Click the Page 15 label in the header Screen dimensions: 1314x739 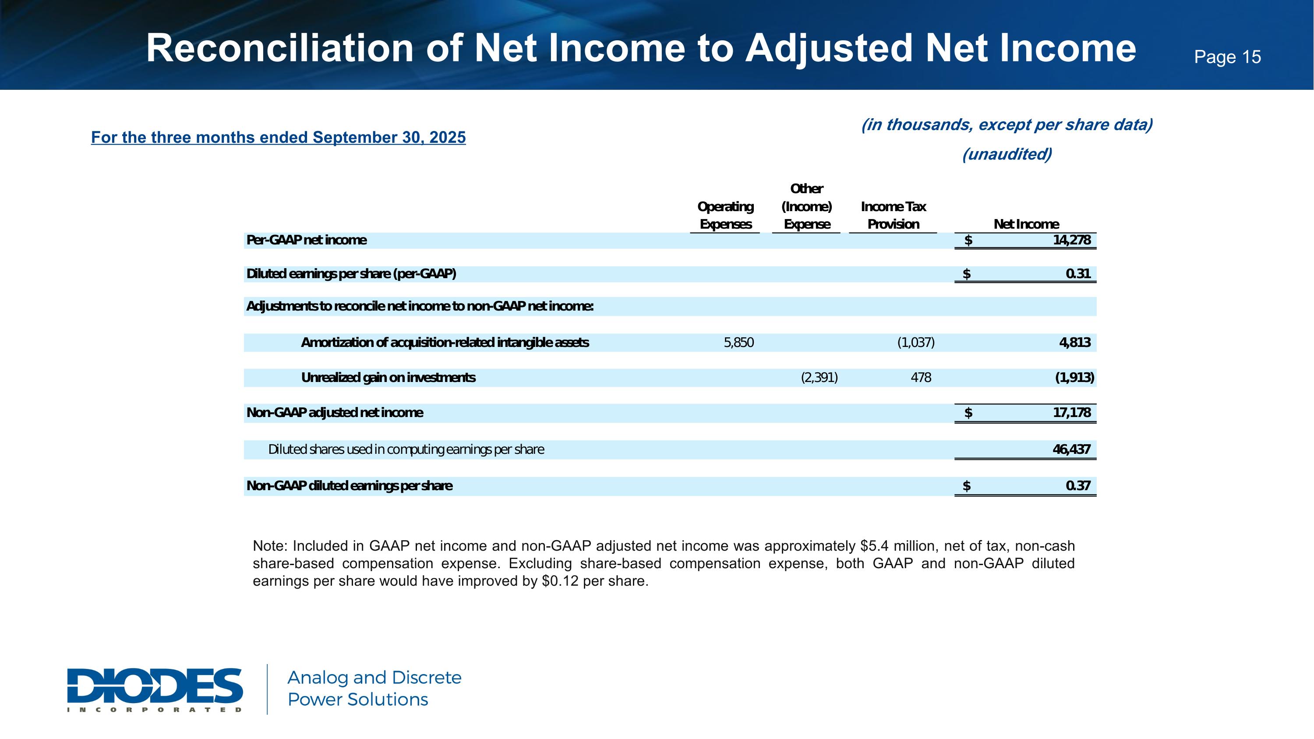(x=1227, y=57)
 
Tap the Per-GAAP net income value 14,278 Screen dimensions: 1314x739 (x=1072, y=240)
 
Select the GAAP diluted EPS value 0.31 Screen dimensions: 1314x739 (x=1078, y=274)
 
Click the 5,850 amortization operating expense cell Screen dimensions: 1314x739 (x=738, y=343)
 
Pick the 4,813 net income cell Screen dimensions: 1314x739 (x=1075, y=343)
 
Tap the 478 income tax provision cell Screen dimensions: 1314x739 (x=921, y=378)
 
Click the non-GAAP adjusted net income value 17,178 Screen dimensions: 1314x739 (x=1072, y=413)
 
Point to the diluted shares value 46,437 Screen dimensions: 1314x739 (x=1072, y=449)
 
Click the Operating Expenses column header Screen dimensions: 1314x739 (x=725, y=215)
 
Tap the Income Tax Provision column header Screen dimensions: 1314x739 (x=893, y=215)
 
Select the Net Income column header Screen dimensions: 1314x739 (x=1026, y=224)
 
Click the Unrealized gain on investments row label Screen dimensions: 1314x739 (x=388, y=378)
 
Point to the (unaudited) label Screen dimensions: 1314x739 (x=1007, y=154)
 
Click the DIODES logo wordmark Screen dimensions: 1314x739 (x=155, y=686)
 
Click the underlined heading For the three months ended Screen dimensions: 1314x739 (x=278, y=137)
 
